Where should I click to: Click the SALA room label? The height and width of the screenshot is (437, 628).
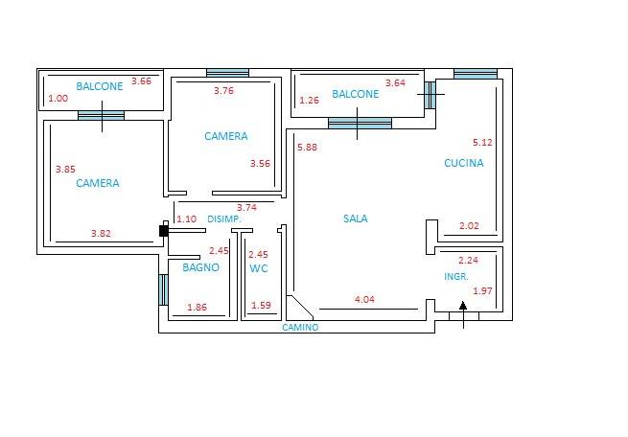pyautogui.click(x=356, y=218)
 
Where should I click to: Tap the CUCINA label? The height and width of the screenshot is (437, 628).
pyautogui.click(x=464, y=163)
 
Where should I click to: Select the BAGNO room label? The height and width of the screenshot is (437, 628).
pyautogui.click(x=200, y=267)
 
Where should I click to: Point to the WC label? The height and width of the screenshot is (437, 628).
pyautogui.click(x=259, y=268)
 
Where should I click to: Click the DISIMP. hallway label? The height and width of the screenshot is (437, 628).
pyautogui.click(x=224, y=219)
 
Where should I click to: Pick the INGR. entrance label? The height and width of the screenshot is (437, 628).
pyautogui.click(x=456, y=277)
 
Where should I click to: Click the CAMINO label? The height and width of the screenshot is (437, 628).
pyautogui.click(x=300, y=328)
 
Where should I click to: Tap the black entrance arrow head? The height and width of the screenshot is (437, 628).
pyautogui.click(x=463, y=306)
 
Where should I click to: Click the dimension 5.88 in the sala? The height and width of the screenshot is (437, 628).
pyautogui.click(x=307, y=148)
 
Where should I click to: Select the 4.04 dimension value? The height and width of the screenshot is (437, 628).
pyautogui.click(x=364, y=299)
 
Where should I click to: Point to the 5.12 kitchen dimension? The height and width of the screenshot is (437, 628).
pyautogui.click(x=482, y=143)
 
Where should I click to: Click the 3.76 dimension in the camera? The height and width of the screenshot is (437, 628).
pyautogui.click(x=223, y=91)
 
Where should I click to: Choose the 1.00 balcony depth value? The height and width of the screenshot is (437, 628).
pyautogui.click(x=58, y=98)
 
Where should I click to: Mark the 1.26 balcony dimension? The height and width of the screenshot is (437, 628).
pyautogui.click(x=309, y=100)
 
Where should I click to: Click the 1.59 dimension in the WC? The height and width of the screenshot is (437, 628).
pyautogui.click(x=261, y=306)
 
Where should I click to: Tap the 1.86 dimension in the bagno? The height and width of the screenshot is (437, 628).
pyautogui.click(x=198, y=308)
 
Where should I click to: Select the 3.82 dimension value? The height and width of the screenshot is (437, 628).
pyautogui.click(x=101, y=233)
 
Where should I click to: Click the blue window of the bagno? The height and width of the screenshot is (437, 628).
pyautogui.click(x=163, y=289)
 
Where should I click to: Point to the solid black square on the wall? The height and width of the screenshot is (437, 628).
pyautogui.click(x=163, y=231)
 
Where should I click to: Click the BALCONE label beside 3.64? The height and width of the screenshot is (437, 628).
pyautogui.click(x=356, y=94)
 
